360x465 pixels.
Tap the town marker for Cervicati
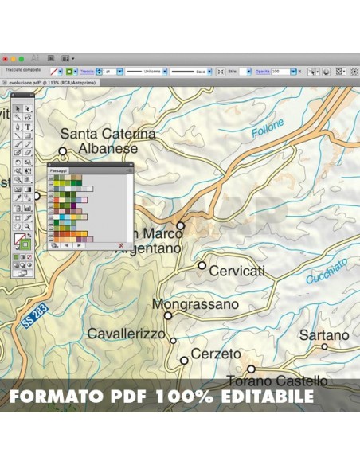pyautogui.click(x=202, y=265)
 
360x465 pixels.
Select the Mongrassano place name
pyautogui.click(x=195, y=304)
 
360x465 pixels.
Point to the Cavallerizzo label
pyautogui.click(x=127, y=334)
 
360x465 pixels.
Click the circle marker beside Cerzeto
pyautogui.click(x=184, y=360)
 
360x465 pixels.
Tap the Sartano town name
pyautogui.click(x=324, y=335)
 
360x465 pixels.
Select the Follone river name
pyautogui.click(x=267, y=129)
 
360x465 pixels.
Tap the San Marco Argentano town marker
pyautogui.click(x=181, y=226)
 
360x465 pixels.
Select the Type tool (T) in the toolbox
pyautogui.click(x=28, y=127)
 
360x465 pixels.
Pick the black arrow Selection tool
pyautogui.click(x=18, y=108)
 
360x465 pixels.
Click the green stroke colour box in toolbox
pyautogui.click(x=25, y=244)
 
